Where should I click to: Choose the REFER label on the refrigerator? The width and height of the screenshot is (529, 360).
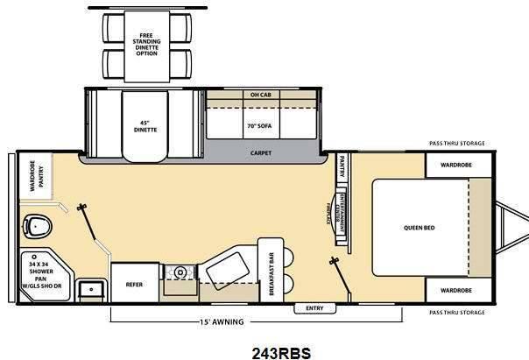point(134,283)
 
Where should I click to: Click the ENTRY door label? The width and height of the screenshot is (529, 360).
point(314,308)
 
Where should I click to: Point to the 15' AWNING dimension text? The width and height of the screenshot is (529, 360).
point(222,321)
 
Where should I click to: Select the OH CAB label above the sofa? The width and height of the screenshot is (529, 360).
point(261,95)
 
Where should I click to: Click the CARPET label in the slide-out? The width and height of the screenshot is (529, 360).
point(261,152)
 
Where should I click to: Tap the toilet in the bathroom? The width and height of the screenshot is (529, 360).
point(37,227)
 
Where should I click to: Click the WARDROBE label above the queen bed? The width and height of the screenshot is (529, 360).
point(456,164)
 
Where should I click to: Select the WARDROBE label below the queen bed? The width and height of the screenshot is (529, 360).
point(456,289)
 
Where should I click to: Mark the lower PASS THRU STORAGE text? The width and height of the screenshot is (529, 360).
point(455,312)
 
